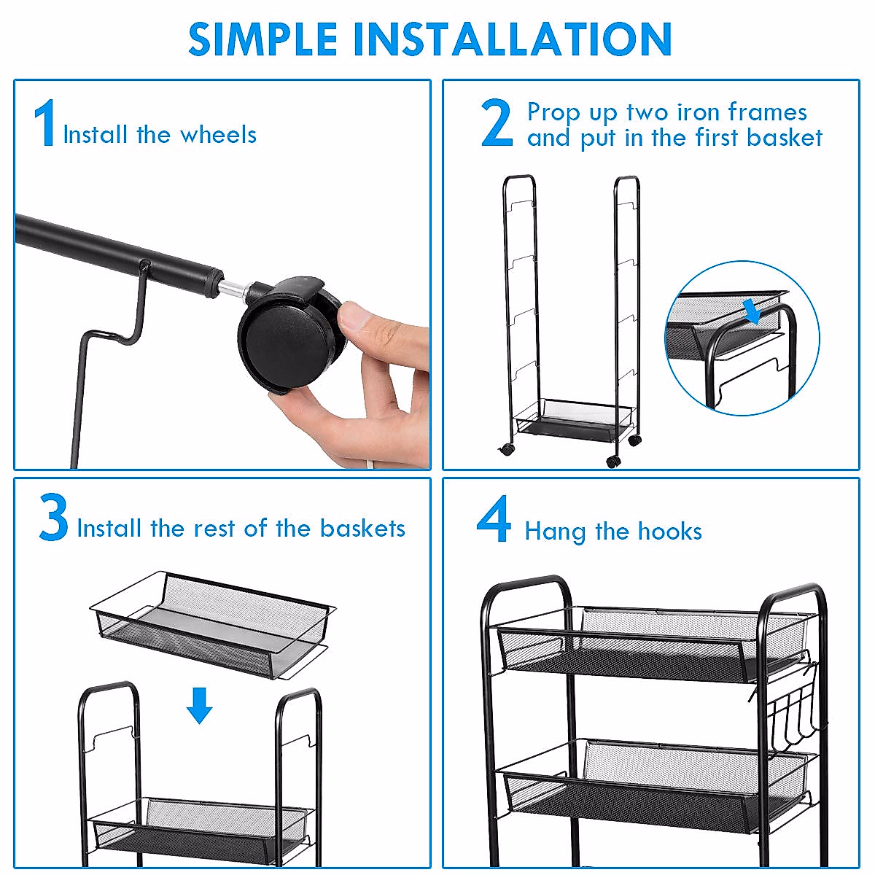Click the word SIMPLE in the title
(262, 39)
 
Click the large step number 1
(45, 122)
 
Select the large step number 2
(497, 122)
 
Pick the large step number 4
(494, 518)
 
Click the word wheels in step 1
(219, 135)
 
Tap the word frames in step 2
(767, 112)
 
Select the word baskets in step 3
(362, 528)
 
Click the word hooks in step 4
(670, 531)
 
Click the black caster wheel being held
(288, 335)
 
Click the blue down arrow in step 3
(199, 705)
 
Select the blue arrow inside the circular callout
(752, 312)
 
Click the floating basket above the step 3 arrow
(213, 625)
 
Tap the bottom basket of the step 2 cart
(573, 419)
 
